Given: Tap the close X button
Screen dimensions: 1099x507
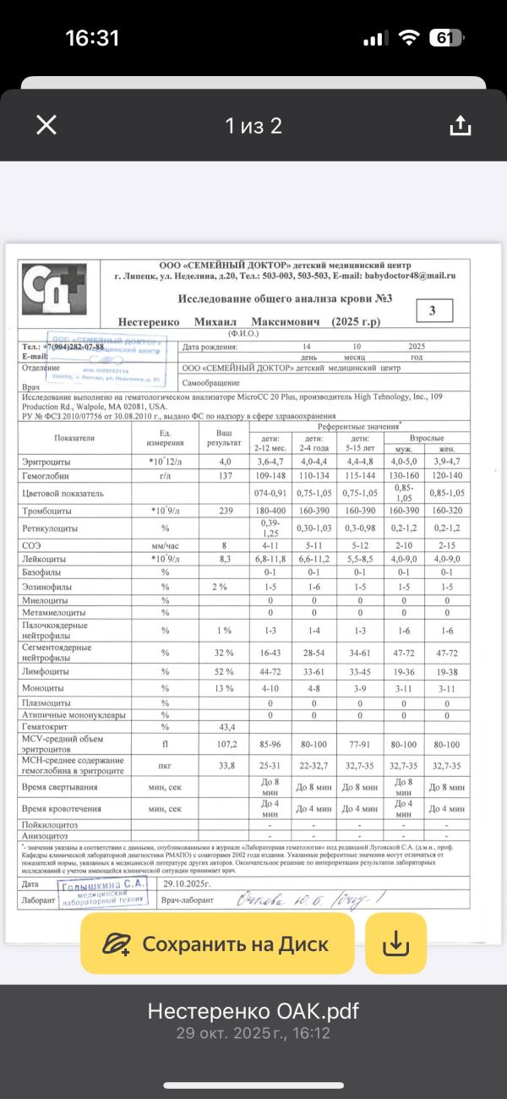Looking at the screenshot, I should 46,126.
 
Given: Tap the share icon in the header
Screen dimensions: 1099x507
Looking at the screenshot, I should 460,126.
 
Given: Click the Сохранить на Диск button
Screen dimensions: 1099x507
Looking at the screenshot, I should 215,943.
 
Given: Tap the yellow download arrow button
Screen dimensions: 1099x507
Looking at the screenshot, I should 395,943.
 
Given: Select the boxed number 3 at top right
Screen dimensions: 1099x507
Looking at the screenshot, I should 433,310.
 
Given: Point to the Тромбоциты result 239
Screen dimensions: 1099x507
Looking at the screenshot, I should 225,511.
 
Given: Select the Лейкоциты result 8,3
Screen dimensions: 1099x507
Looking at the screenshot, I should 225,559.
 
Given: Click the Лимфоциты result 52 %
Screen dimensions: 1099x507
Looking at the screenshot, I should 225,670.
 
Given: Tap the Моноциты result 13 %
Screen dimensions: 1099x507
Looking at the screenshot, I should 225,688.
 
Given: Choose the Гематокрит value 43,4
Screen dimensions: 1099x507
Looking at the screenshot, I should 225,726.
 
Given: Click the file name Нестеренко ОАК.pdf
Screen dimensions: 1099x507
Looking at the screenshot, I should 253,1011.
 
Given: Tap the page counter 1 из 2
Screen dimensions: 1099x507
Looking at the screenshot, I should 253,126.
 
